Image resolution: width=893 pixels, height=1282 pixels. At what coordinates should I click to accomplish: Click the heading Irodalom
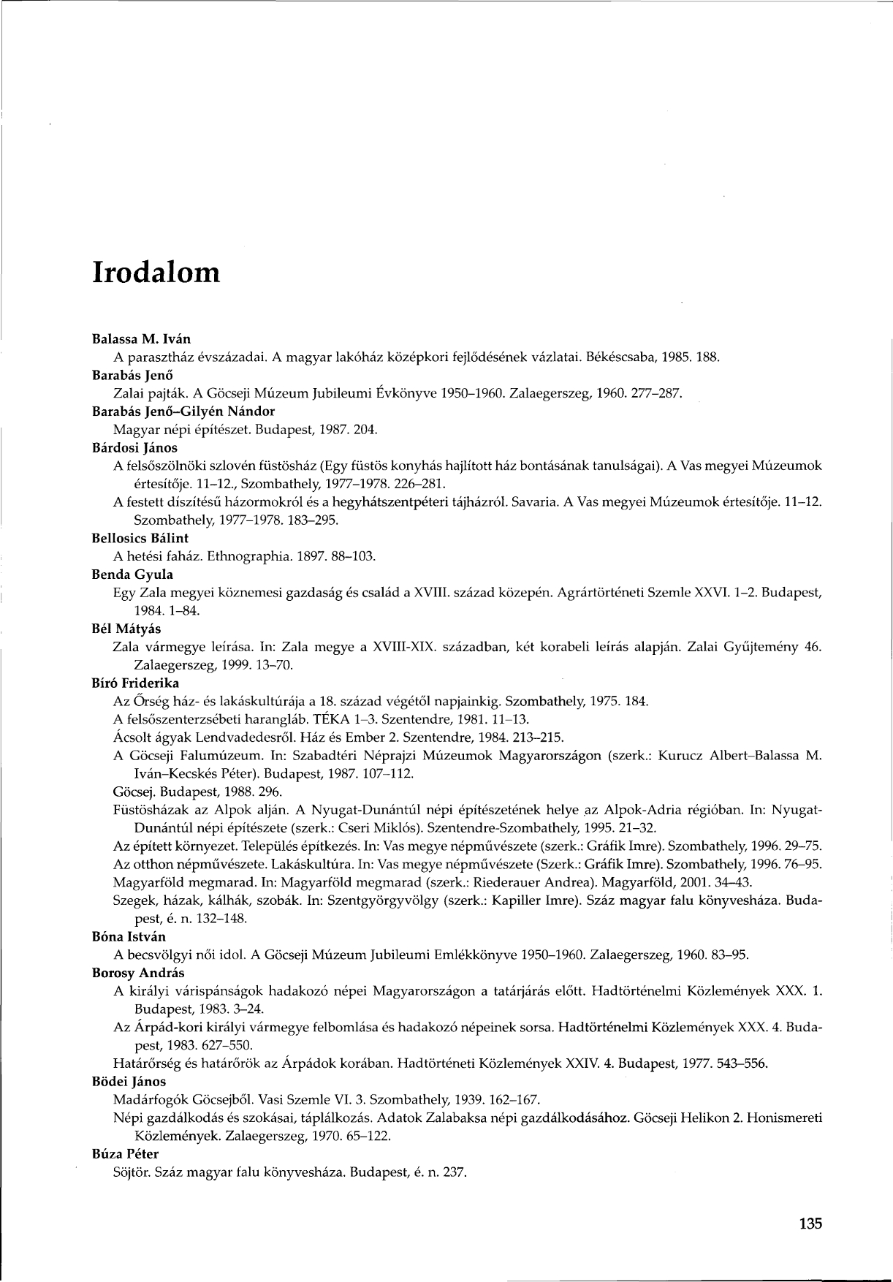(156, 272)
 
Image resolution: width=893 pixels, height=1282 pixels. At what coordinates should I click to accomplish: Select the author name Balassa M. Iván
(141, 340)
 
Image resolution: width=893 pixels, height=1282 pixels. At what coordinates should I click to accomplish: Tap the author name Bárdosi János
(135, 447)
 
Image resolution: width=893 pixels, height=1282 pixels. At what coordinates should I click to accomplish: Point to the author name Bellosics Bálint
(140, 538)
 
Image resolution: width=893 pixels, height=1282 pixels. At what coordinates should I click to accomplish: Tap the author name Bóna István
(129, 936)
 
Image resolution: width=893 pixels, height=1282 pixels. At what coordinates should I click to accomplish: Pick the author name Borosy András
(138, 973)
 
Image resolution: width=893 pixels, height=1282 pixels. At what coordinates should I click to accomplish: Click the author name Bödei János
(129, 1081)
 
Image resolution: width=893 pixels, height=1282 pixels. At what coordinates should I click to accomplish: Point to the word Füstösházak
(151, 810)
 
